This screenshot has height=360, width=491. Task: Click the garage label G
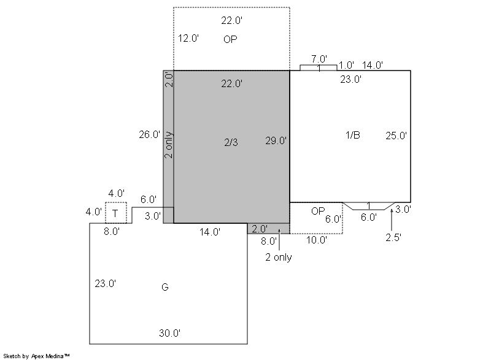click(x=165, y=287)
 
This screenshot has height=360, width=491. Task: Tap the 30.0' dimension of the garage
click(x=170, y=333)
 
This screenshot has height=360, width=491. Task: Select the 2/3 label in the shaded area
click(x=231, y=142)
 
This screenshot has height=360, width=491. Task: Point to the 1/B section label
click(x=352, y=135)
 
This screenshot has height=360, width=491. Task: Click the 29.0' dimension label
click(x=276, y=140)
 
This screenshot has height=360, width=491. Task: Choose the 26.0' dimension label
click(x=150, y=134)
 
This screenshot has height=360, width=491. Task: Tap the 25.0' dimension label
click(x=396, y=136)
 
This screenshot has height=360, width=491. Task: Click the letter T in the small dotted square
click(x=115, y=213)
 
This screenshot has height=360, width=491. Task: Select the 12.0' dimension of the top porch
click(x=188, y=38)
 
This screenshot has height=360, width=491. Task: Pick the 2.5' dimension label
click(x=393, y=238)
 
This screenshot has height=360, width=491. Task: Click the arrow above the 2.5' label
click(x=392, y=220)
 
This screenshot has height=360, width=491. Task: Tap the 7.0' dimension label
click(x=319, y=59)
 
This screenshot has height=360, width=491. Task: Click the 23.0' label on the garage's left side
click(x=105, y=283)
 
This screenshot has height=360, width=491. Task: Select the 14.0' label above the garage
click(x=210, y=232)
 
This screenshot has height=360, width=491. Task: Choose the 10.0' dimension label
click(x=317, y=240)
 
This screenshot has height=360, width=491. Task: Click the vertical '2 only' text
click(x=168, y=145)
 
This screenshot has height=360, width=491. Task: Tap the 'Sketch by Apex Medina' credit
click(x=37, y=356)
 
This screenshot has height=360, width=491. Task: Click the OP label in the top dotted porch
click(x=230, y=39)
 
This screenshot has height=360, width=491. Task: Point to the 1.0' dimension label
click(x=346, y=66)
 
